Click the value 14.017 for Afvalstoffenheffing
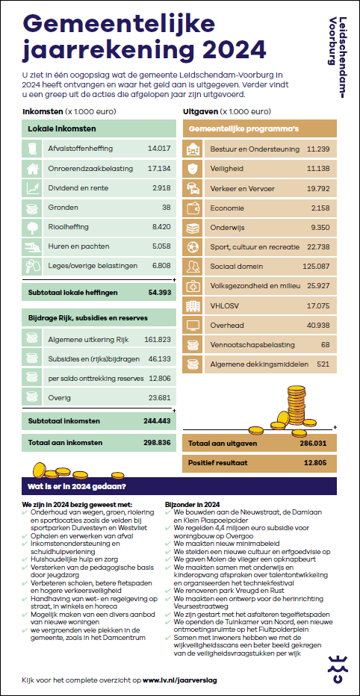pos(159,149)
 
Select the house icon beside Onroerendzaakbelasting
pos(31,168)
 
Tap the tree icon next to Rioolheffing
pos(31,227)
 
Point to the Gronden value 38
pos(166,208)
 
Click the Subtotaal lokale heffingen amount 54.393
pos(159,293)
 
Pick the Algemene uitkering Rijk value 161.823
pos(158,340)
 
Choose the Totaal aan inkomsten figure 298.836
pos(157,443)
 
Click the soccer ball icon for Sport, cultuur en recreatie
pos(193,246)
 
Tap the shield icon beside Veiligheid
pos(193,169)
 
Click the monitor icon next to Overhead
pos(193,325)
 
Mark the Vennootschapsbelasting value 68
pos(326,344)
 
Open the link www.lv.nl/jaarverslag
pos(180,680)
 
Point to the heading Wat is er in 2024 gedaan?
pos(76,486)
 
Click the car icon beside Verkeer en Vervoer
pos(193,188)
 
